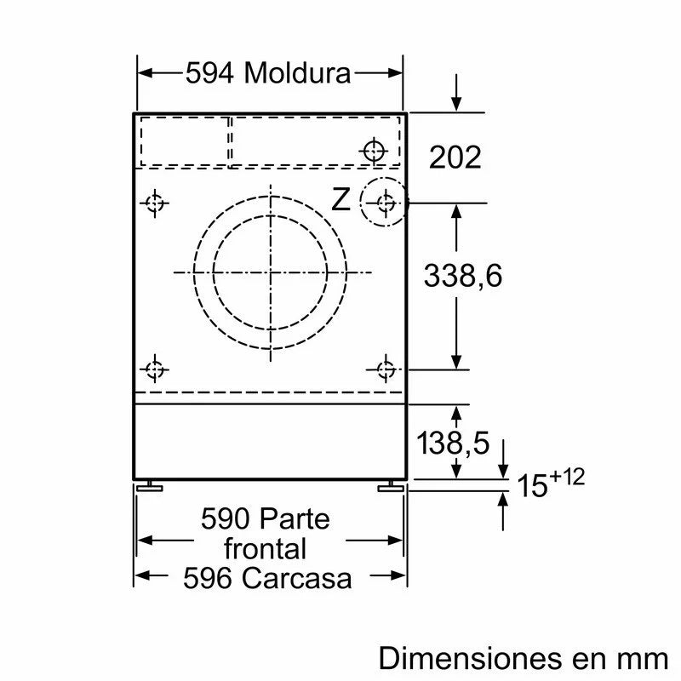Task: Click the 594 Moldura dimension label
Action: point(268,74)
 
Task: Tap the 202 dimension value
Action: point(455,157)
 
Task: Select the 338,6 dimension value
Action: point(463,275)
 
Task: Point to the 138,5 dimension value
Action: point(455,443)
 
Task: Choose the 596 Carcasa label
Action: point(267,578)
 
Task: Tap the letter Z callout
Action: point(340,201)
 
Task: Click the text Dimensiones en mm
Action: point(524,657)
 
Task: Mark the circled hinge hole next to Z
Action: point(386,203)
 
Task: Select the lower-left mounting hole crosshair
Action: point(154,369)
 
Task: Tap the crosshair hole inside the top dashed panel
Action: point(373,152)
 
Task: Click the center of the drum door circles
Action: point(270,272)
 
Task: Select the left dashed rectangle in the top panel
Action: point(184,140)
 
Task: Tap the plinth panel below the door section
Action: point(269,441)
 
